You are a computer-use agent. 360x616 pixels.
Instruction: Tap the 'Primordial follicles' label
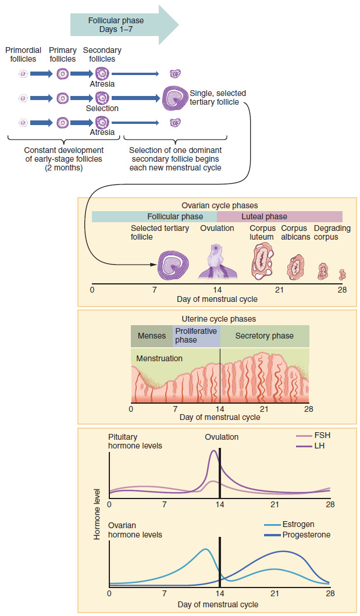click(x=23, y=55)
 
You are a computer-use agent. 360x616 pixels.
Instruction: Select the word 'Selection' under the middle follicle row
click(x=102, y=108)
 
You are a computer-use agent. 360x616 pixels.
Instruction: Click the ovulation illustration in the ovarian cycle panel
click(x=217, y=261)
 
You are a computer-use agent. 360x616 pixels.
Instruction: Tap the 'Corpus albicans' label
click(x=295, y=233)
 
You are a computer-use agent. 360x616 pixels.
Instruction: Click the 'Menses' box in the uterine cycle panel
click(x=151, y=336)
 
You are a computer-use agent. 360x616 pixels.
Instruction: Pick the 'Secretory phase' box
click(x=265, y=336)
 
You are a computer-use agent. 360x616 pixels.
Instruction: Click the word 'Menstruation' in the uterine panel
click(x=159, y=358)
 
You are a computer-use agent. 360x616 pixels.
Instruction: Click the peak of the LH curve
click(x=213, y=451)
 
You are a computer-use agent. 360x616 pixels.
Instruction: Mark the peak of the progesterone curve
click(x=283, y=551)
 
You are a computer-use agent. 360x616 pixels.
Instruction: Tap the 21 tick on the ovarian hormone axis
click(x=275, y=594)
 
